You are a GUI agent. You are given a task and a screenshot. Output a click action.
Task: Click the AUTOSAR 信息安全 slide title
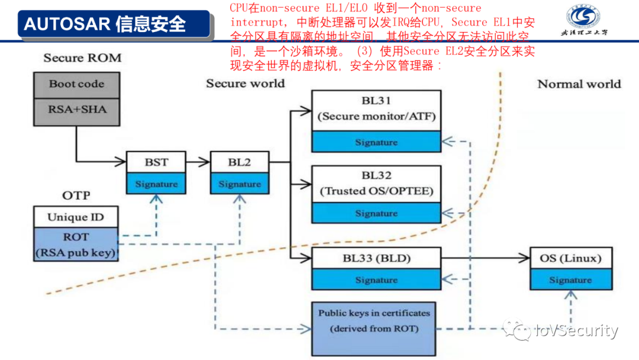point(105,24)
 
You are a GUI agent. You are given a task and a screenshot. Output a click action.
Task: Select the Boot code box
point(76,85)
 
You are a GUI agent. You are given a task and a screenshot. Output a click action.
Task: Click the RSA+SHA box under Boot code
point(76,109)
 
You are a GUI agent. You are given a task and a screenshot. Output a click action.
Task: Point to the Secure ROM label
point(82,58)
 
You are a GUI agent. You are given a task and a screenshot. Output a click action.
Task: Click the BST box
point(156,162)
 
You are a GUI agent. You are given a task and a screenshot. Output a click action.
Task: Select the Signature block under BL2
point(240,184)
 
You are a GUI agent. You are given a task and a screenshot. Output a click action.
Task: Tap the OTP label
point(76,195)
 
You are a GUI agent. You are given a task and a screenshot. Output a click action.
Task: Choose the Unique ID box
point(76,217)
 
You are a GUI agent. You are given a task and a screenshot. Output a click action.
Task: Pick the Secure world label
point(245,83)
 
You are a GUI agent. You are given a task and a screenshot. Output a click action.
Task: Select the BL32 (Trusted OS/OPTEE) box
point(376,184)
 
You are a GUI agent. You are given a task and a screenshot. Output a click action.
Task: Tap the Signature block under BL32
point(376,213)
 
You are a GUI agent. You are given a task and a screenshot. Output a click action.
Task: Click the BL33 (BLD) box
point(376,258)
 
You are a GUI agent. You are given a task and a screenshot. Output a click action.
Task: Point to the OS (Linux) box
point(570,258)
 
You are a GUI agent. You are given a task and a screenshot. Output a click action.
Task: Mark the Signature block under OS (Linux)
point(570,280)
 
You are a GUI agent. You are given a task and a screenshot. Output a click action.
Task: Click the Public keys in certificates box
point(373,320)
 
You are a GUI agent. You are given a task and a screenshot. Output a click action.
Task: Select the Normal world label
point(579,84)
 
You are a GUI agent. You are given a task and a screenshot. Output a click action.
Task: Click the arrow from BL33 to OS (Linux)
point(485,258)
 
